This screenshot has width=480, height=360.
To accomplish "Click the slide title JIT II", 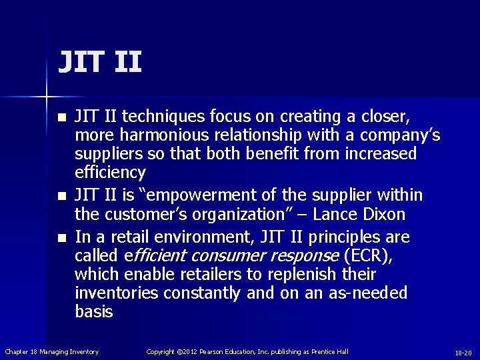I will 99,61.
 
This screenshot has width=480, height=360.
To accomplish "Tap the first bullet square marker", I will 62,118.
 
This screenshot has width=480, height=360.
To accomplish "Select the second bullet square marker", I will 62,197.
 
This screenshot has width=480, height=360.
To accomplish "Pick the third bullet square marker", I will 62,238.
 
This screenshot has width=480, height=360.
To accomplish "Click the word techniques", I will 154,117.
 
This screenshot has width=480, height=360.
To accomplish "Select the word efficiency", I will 110,173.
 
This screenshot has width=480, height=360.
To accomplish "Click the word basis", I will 94,312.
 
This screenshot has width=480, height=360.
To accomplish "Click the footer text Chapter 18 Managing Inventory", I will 52,351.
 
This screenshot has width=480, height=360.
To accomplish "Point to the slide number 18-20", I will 463,352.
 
